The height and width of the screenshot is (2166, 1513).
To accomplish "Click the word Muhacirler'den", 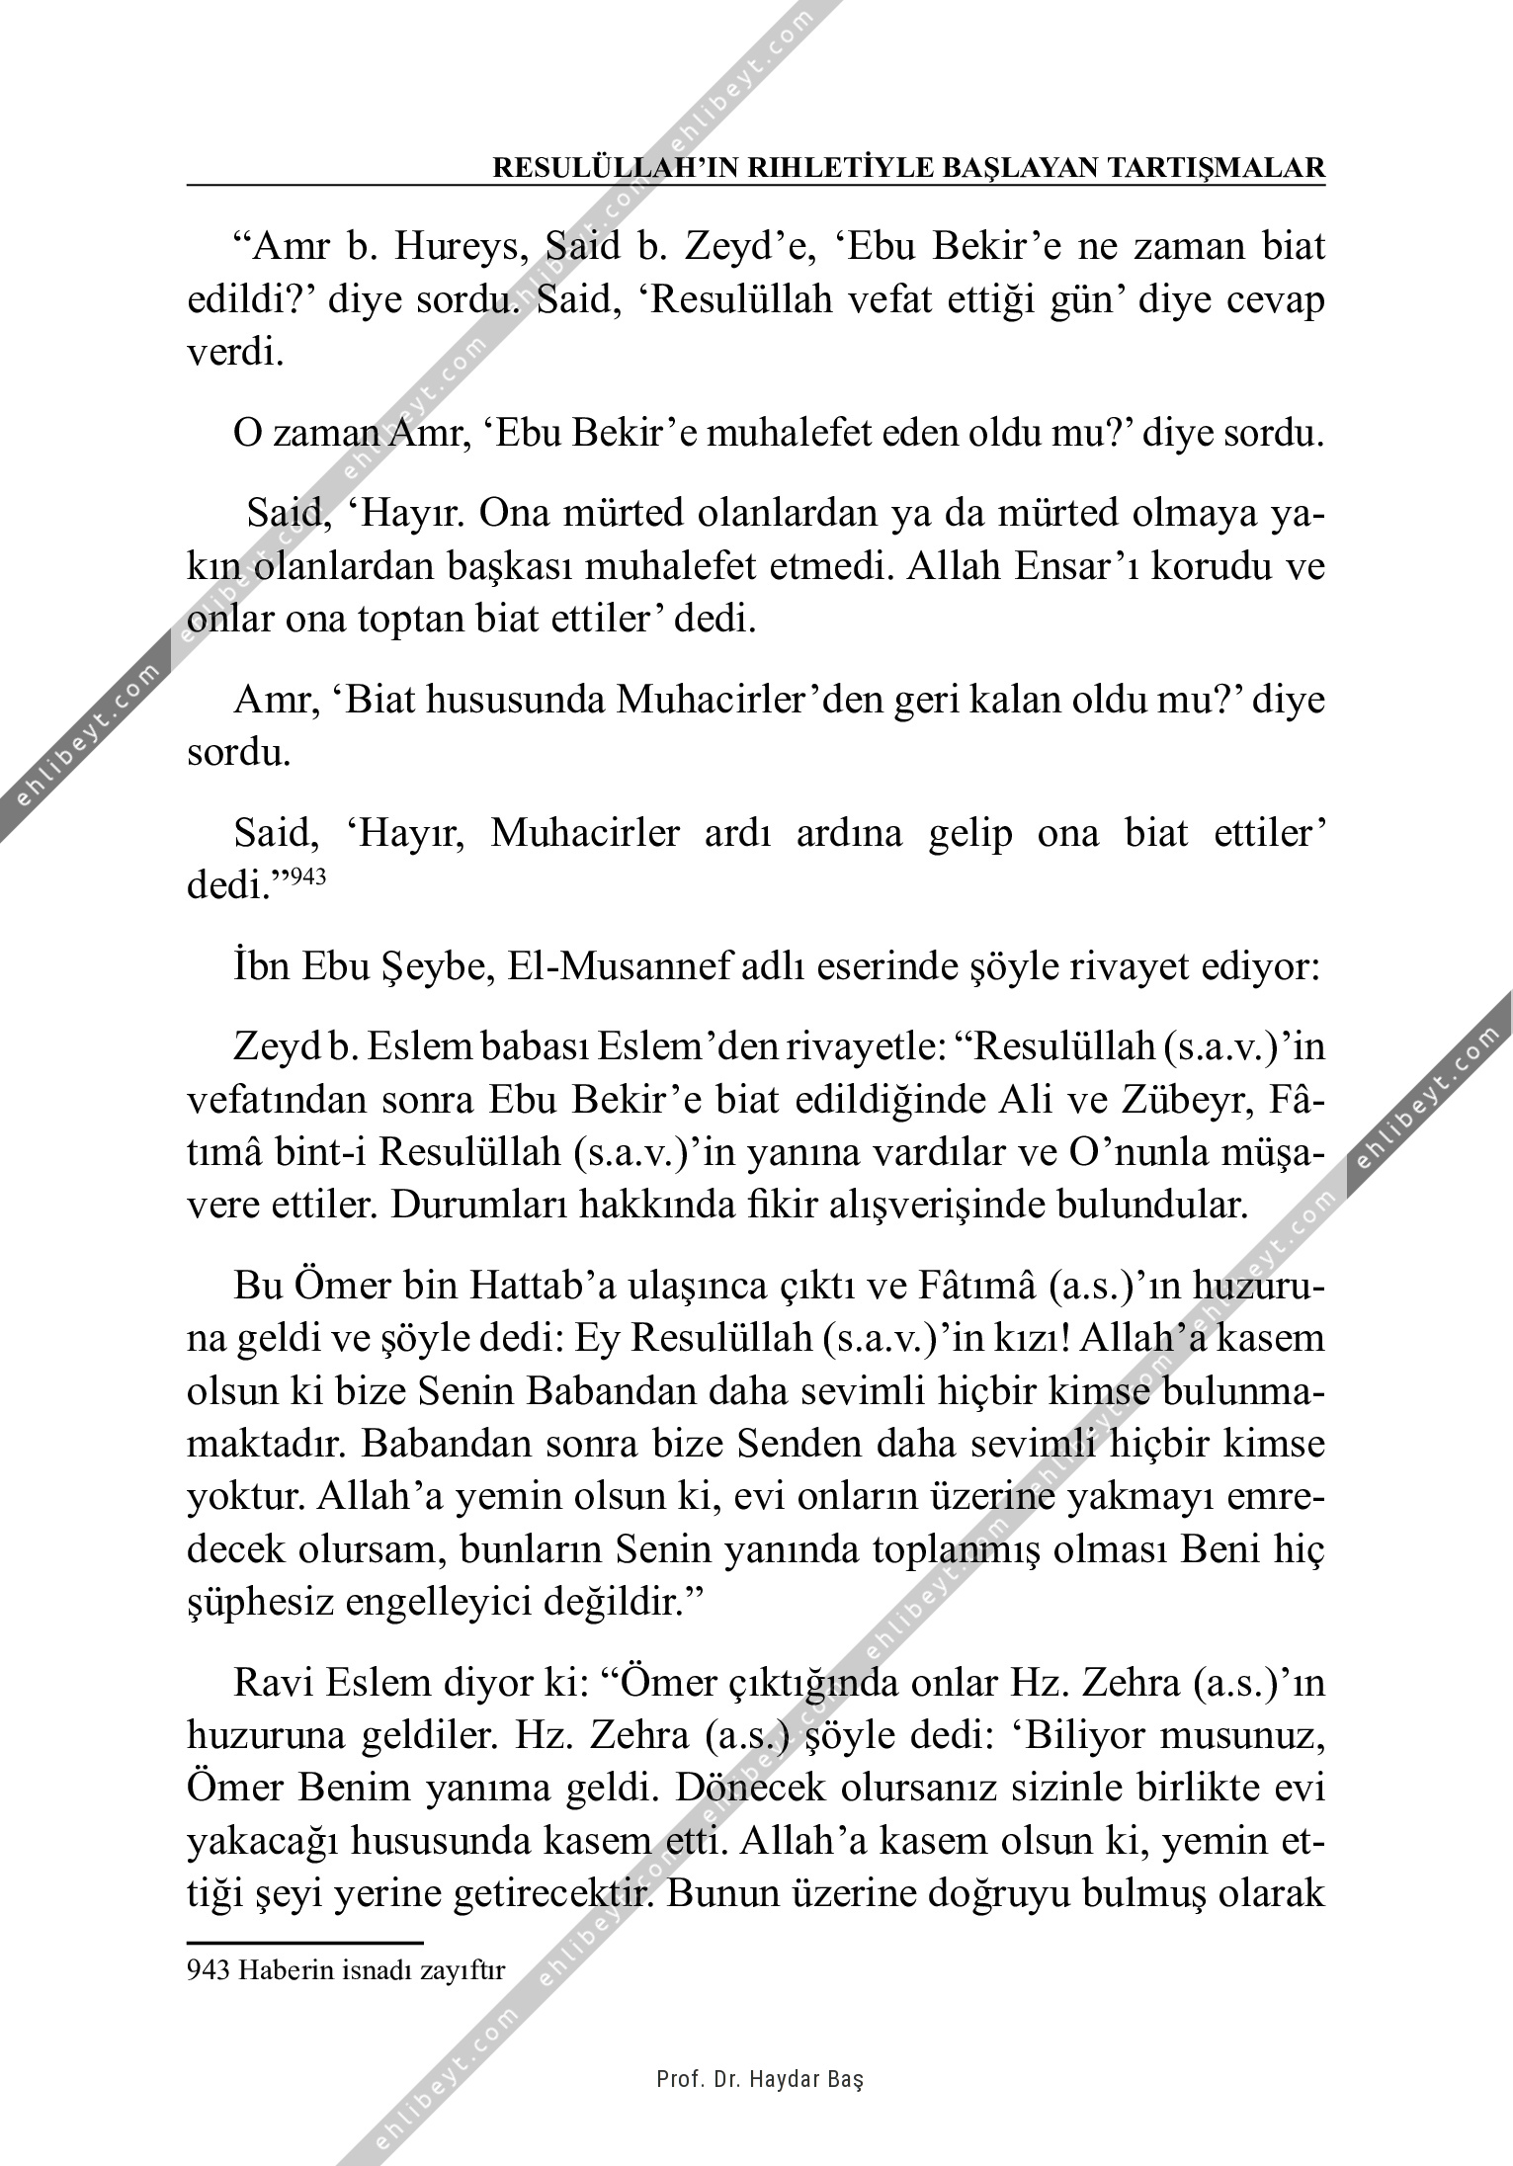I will (x=737, y=701).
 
